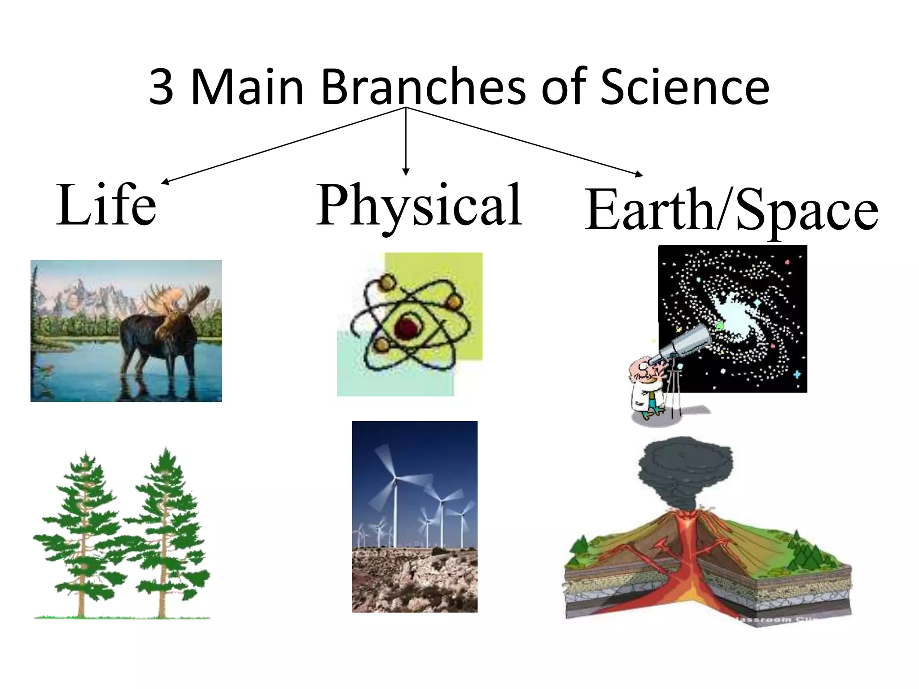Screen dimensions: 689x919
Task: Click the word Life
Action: point(106,205)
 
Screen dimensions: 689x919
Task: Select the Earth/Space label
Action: point(731,210)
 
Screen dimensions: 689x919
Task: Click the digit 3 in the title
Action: point(161,87)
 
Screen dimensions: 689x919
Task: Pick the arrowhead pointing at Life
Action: point(165,182)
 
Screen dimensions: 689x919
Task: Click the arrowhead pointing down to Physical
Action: point(406,172)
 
